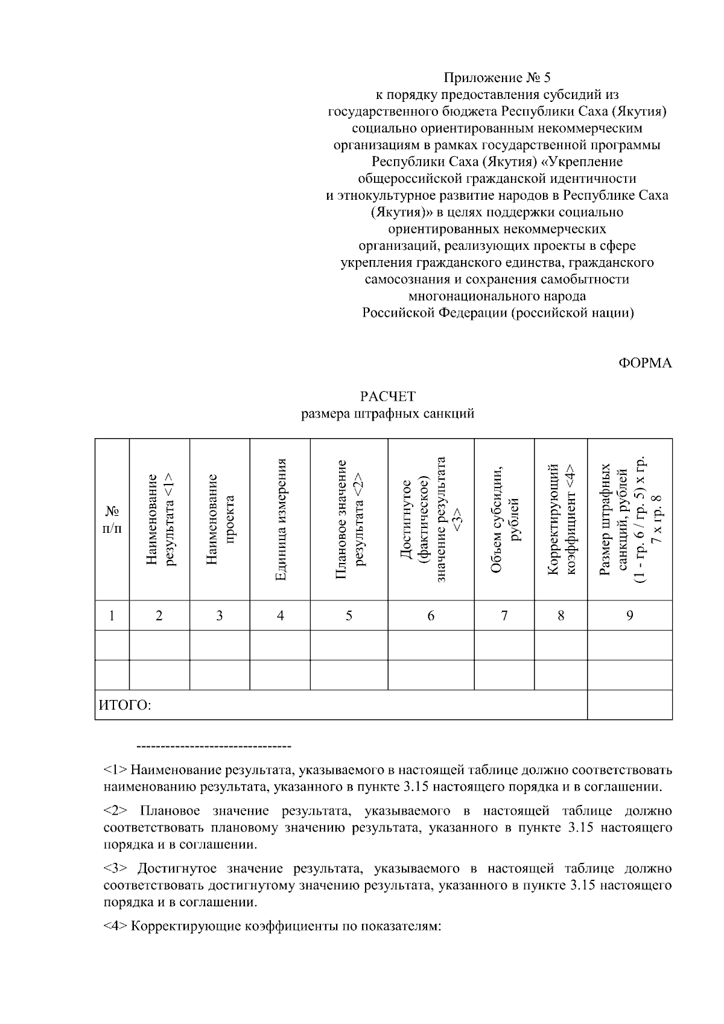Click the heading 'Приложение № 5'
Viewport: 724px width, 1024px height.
click(x=497, y=78)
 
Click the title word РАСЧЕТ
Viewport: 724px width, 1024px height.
click(x=388, y=396)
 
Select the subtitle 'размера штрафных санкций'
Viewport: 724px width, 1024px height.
click(x=388, y=413)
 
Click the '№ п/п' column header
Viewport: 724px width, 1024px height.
click(x=112, y=520)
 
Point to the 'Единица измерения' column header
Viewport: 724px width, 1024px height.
click(x=280, y=520)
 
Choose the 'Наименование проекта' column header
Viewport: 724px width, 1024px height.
click(x=220, y=520)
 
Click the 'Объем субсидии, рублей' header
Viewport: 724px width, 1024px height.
click(x=504, y=520)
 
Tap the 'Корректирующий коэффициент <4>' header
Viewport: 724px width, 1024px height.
click(x=561, y=520)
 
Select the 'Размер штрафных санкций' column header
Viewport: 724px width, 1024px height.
click(x=630, y=520)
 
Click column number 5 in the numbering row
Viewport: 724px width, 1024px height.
click(x=349, y=615)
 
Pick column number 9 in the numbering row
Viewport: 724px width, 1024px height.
click(x=630, y=615)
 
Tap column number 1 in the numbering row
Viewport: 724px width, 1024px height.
click(x=112, y=615)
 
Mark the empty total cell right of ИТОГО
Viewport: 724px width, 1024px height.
click(x=630, y=705)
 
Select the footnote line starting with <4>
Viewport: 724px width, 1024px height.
click(x=273, y=926)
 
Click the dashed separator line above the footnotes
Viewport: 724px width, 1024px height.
click(x=215, y=747)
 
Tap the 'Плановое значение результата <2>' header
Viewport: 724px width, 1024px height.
click(x=349, y=520)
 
